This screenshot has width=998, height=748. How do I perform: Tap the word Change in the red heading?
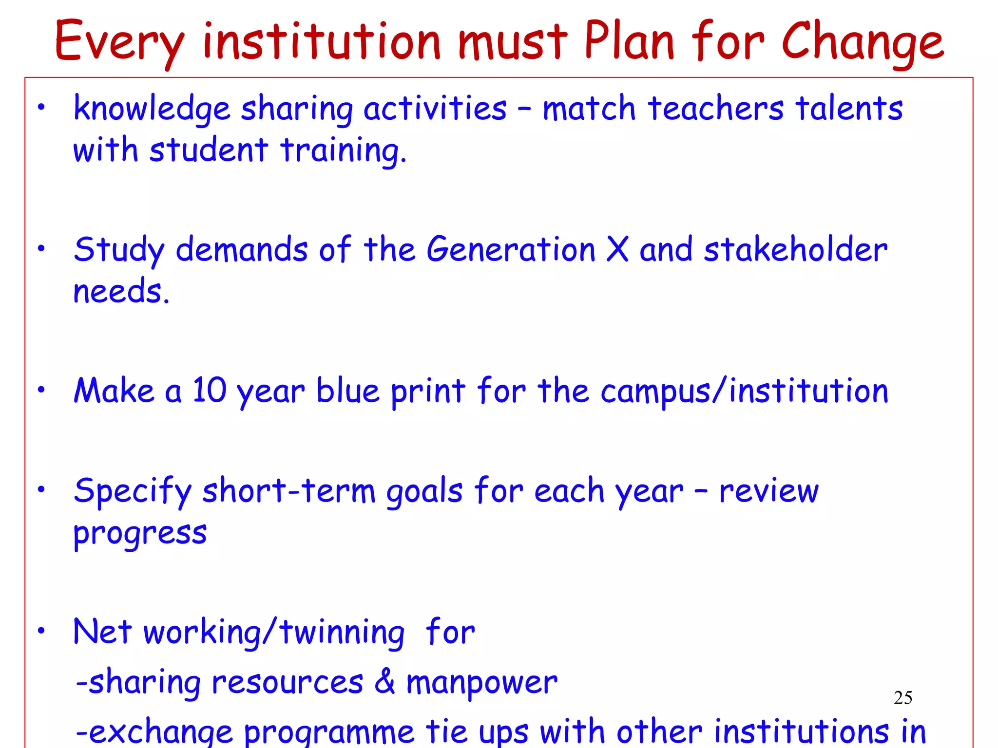click(x=863, y=43)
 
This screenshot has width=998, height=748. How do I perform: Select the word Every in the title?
click(x=120, y=43)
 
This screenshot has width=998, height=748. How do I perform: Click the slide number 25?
click(x=903, y=698)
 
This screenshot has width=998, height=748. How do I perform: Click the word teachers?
click(x=716, y=108)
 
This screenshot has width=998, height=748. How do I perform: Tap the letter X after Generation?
click(x=617, y=249)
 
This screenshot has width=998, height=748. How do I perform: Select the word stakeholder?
click(x=795, y=249)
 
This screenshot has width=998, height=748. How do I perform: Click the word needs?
click(x=121, y=291)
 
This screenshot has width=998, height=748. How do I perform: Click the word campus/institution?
click(x=744, y=392)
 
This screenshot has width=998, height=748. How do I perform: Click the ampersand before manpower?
click(x=385, y=681)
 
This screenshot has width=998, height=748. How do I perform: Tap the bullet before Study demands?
click(x=42, y=248)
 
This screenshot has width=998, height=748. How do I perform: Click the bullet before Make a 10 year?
click(x=42, y=390)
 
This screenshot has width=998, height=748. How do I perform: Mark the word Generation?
click(x=511, y=249)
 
